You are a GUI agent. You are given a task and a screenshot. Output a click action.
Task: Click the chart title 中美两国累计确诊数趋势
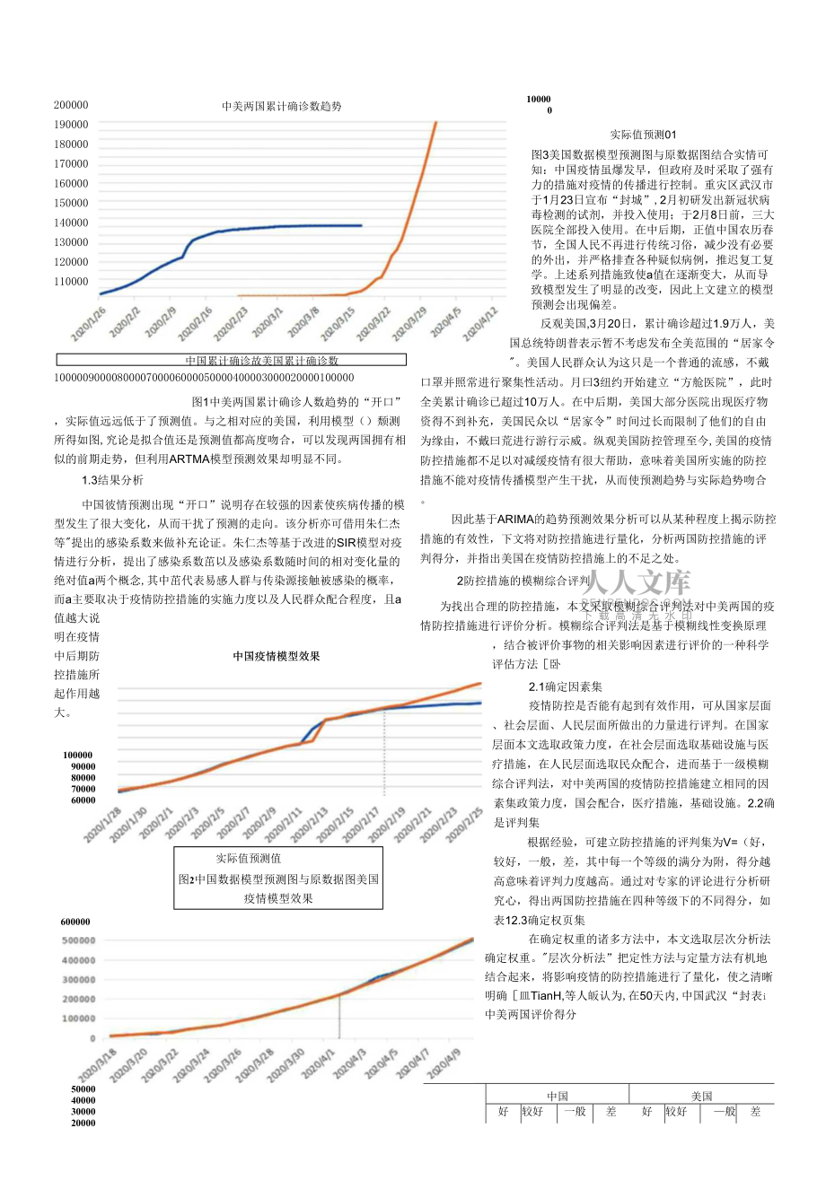[x=282, y=106]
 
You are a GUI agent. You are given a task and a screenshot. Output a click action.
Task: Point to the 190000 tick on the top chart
[x=71, y=125]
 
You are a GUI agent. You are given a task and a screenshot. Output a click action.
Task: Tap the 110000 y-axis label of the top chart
[x=71, y=282]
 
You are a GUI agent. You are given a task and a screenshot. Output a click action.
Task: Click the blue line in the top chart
[x=269, y=227]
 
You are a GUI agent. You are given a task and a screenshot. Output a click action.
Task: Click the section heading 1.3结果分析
[x=112, y=480]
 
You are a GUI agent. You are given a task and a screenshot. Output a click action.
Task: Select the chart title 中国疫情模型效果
[x=277, y=656]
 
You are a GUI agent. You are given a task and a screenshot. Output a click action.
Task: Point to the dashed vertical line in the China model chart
[x=384, y=754]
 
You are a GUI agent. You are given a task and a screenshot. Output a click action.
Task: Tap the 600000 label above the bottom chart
[x=75, y=922]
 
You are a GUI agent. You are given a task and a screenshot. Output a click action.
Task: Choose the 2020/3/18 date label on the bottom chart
[x=94, y=1067]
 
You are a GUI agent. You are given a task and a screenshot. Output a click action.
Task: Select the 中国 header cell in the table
[x=558, y=1096]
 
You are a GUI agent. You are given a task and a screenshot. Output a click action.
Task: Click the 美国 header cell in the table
[x=701, y=1096]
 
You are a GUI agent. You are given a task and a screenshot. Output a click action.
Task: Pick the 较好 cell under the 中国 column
[x=532, y=1111]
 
